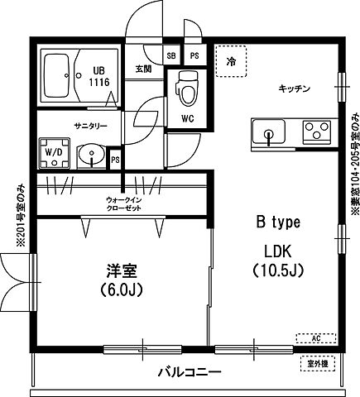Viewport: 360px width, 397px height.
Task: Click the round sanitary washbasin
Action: (x=89, y=154)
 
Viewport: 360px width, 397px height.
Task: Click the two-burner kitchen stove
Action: (x=315, y=130)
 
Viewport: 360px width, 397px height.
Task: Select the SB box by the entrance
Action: (x=172, y=55)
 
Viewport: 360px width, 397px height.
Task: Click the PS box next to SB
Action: (x=194, y=55)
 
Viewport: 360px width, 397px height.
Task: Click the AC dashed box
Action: (x=316, y=337)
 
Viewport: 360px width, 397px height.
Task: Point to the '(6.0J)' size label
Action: (x=121, y=289)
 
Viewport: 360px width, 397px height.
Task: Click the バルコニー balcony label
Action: (x=190, y=373)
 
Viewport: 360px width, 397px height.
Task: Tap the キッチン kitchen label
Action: (x=293, y=89)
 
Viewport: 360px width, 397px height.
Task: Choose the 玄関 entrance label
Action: (x=144, y=69)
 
